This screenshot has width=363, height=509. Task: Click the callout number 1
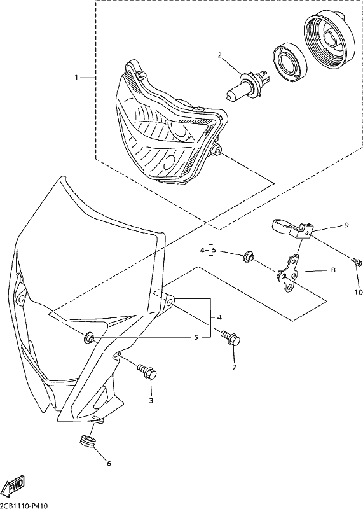pyautogui.click(x=76, y=78)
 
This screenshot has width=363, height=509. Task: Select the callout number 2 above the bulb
pyautogui.click(x=219, y=55)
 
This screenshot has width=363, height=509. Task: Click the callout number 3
pyautogui.click(x=151, y=401)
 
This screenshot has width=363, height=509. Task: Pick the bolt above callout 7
pyautogui.click(x=231, y=338)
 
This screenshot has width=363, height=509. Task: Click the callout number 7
pyautogui.click(x=234, y=367)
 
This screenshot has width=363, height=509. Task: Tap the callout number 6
pyautogui.click(x=109, y=464)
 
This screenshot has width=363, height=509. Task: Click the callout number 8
pyautogui.click(x=333, y=270)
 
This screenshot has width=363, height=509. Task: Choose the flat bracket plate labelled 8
pyautogui.click(x=287, y=273)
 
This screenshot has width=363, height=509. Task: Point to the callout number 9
pyautogui.click(x=346, y=225)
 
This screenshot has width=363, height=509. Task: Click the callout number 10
pyautogui.click(x=358, y=293)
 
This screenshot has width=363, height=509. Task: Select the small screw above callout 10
pyautogui.click(x=356, y=261)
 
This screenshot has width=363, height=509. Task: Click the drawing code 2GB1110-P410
pyautogui.click(x=24, y=506)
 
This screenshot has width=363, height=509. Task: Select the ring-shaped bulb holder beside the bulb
pyautogui.click(x=289, y=60)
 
